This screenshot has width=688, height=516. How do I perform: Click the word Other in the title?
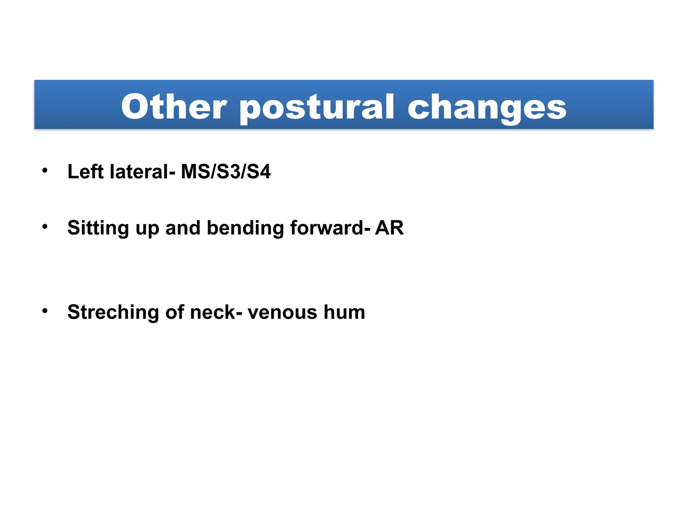(x=174, y=106)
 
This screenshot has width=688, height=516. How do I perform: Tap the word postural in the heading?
(x=316, y=107)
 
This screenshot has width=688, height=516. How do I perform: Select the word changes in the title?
(x=487, y=107)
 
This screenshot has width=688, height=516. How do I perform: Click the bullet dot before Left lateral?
(x=45, y=170)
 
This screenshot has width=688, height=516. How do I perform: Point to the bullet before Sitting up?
(x=45, y=227)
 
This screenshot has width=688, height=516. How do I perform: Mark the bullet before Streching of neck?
(x=45, y=311)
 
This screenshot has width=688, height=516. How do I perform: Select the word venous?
(x=282, y=312)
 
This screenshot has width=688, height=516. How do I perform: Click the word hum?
(x=344, y=312)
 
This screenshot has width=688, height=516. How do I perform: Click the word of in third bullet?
(x=175, y=312)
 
